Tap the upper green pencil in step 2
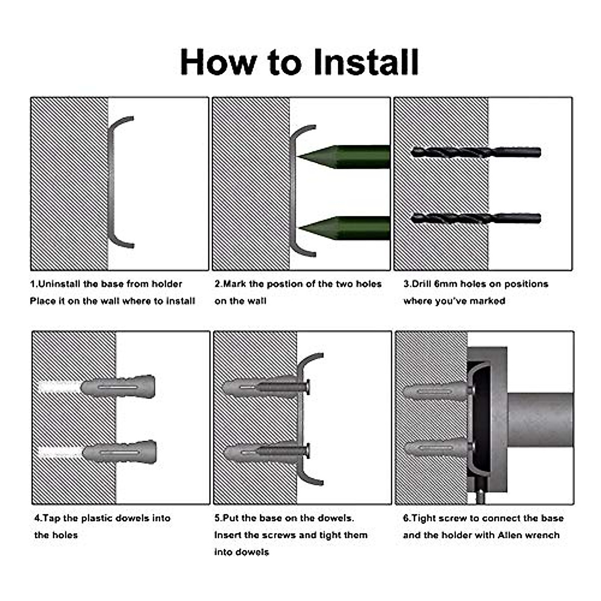click(343, 157)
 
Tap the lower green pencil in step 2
click(344, 228)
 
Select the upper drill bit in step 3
click(476, 153)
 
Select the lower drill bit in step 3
click(476, 218)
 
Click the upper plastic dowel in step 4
click(118, 387)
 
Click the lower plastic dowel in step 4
click(120, 452)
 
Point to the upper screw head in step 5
click(308, 388)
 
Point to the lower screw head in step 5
click(308, 450)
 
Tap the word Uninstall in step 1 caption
click(57, 284)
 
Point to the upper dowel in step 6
click(437, 391)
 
